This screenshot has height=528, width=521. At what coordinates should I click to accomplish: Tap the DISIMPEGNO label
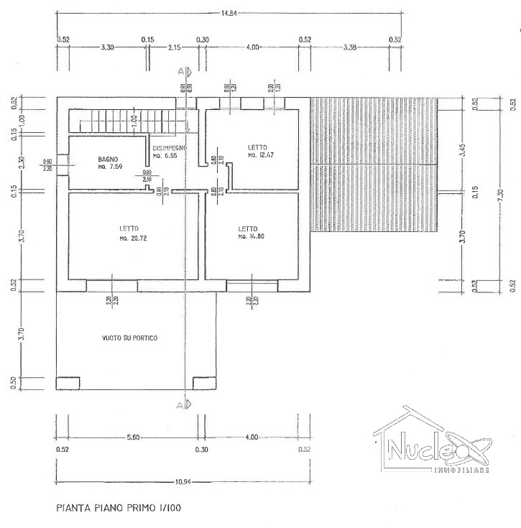[x=170, y=147]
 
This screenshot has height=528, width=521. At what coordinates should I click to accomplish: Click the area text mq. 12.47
[x=261, y=155]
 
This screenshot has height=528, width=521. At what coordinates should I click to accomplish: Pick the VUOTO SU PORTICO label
[x=129, y=338]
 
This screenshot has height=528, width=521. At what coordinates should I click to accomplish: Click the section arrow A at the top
[x=184, y=71]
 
